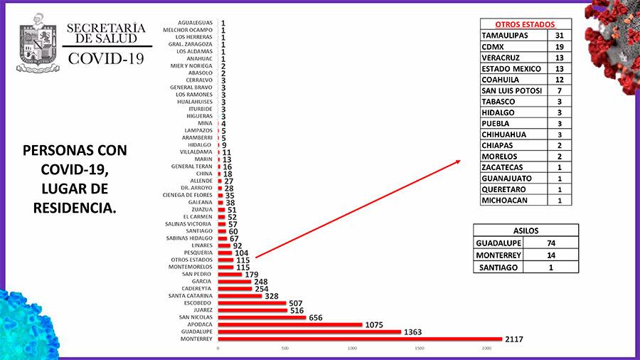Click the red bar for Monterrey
coord(359,339)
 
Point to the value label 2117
coord(513,339)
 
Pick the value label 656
coord(318,317)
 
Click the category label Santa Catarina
coord(189,295)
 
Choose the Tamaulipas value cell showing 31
coord(559,35)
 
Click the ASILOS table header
coord(526,230)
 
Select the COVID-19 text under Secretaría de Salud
coord(105,58)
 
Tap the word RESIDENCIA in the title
coord(74,208)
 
